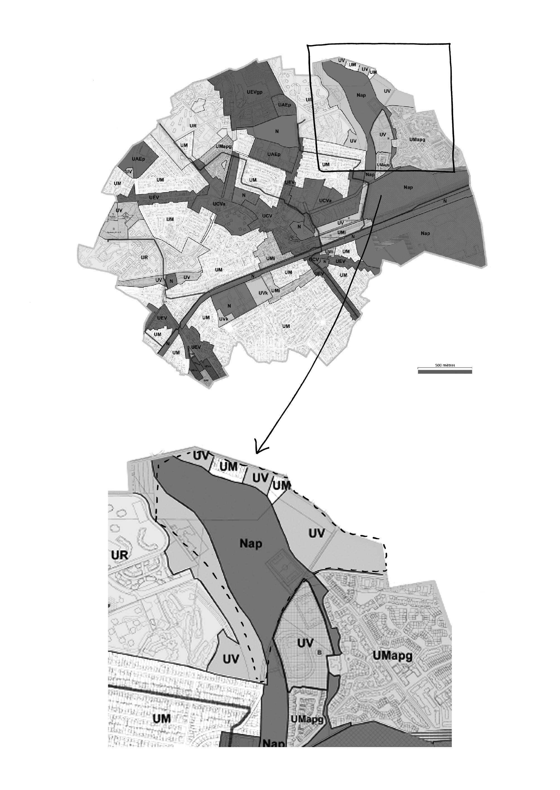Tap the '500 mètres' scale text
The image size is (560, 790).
click(445, 365)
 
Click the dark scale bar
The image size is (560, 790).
click(445, 372)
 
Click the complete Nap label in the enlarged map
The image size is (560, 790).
click(251, 543)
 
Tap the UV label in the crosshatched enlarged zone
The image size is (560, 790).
click(305, 643)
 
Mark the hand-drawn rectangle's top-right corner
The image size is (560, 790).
click(450, 44)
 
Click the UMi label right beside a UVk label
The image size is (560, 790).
click(276, 290)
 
